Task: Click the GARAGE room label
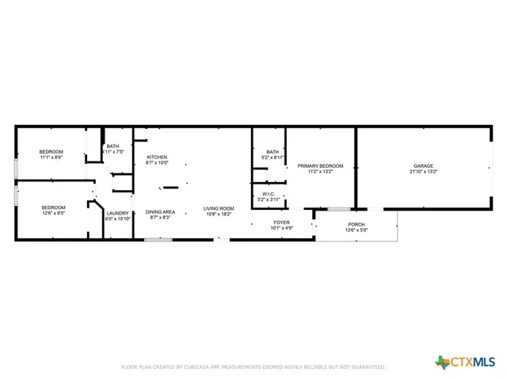(423, 165)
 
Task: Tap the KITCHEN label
(157, 158)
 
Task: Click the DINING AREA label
(160, 211)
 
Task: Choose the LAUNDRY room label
(118, 213)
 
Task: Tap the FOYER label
(282, 222)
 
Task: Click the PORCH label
(356, 225)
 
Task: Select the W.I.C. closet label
(268, 193)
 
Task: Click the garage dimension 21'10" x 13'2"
(423, 171)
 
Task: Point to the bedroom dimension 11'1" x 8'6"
(51, 158)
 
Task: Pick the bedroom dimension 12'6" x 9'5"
(53, 213)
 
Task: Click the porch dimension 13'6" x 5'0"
(356, 230)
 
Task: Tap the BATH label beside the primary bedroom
(273, 152)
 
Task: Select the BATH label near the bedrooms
(113, 146)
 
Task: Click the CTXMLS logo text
(474, 362)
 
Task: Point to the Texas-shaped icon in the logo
(442, 362)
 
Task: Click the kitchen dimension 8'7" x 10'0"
(157, 163)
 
